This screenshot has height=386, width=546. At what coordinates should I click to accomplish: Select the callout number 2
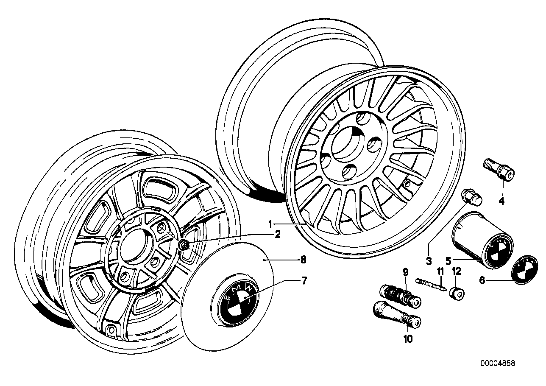277,235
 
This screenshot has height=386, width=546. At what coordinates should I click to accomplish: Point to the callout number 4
501,201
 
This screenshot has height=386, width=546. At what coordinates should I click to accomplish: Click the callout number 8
303,260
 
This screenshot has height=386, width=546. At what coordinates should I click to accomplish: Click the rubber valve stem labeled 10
396,314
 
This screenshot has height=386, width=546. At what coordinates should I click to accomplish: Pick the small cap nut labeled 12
457,293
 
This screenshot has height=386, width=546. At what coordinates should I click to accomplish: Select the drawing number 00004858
497,364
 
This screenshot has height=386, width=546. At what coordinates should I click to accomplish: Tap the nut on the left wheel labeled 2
184,245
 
